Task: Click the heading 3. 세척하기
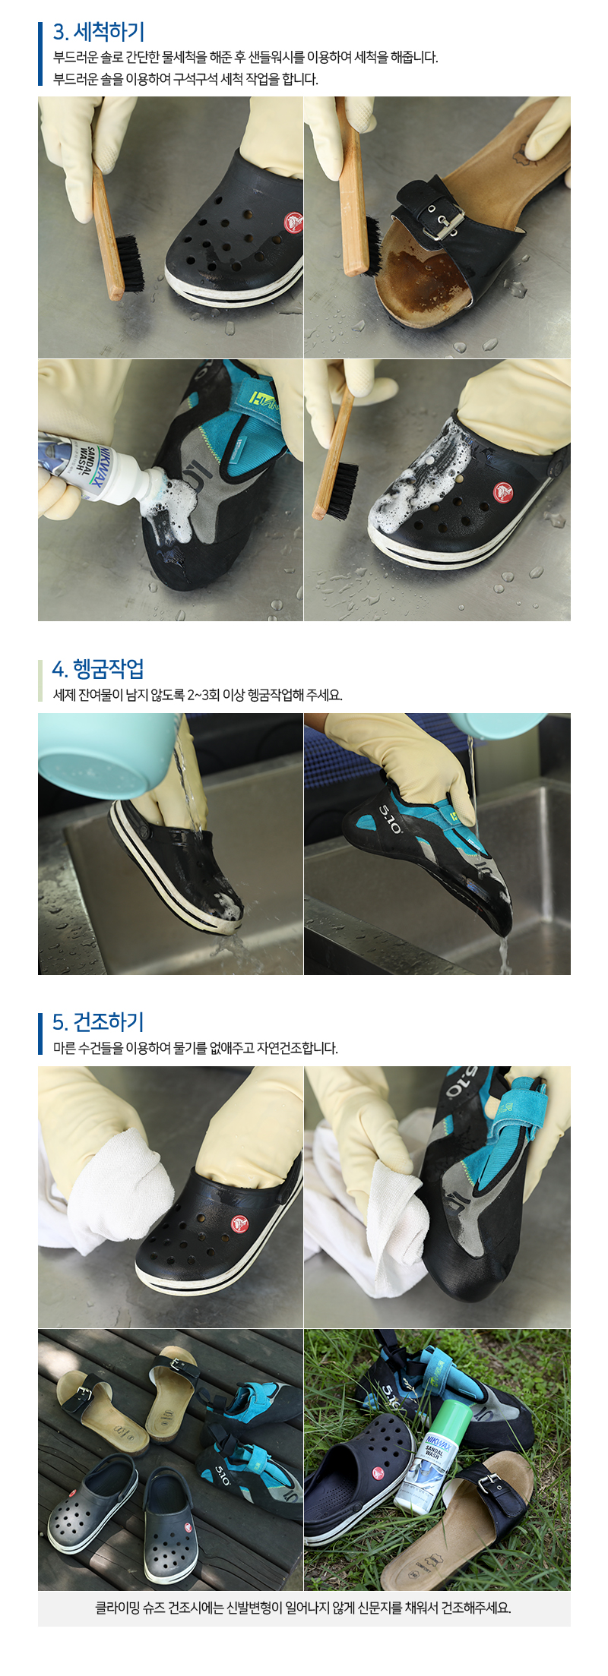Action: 98,32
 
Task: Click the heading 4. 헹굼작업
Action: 97,669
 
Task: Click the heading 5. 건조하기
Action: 97,1022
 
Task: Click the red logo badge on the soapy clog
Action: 502,492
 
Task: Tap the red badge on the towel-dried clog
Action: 239,1223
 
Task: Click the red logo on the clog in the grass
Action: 378,1474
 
